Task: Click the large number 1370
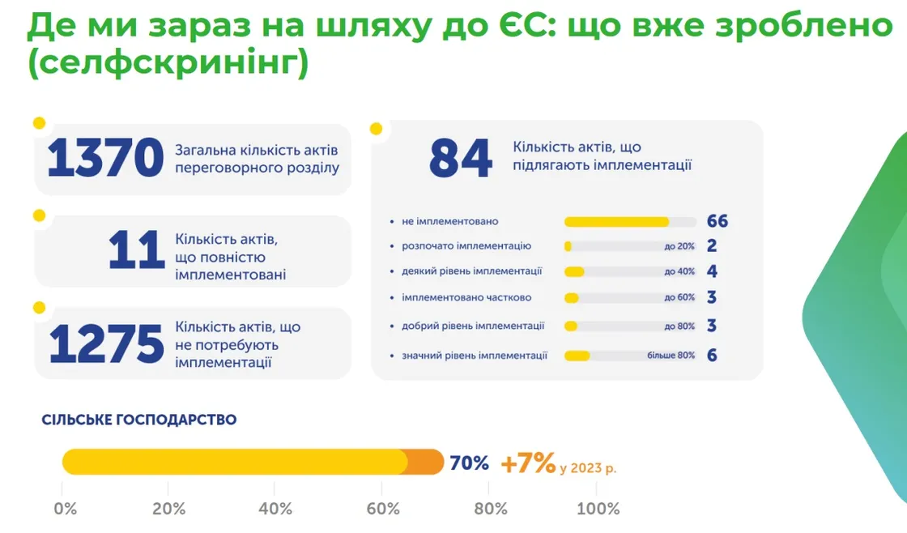[x=106, y=159]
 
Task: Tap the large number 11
[x=136, y=251]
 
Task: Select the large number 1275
[x=106, y=344]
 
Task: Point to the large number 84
[x=460, y=159]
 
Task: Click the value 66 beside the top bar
[x=717, y=221]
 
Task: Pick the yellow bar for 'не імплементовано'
[x=616, y=222]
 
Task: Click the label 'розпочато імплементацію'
[x=466, y=246]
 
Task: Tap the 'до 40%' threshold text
[x=679, y=272]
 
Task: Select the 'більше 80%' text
[x=671, y=356]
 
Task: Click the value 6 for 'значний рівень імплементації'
[x=712, y=355]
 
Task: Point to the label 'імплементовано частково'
[x=466, y=297]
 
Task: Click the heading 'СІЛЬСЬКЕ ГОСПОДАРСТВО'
[x=139, y=420]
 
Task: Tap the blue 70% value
[x=470, y=463]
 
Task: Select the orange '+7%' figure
[x=528, y=463]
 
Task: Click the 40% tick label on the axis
[x=275, y=509]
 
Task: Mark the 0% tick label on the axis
[x=65, y=509]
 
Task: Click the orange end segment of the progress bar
[x=426, y=462]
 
